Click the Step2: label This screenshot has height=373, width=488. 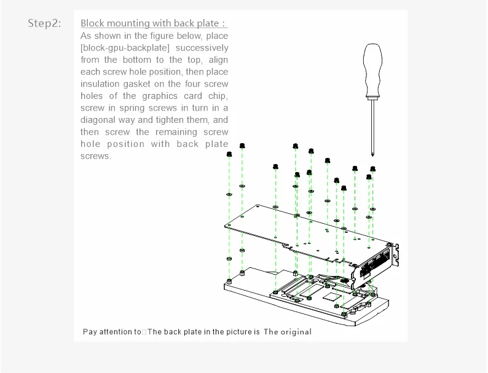click(x=44, y=23)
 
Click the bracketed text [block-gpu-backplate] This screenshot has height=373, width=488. click(x=122, y=47)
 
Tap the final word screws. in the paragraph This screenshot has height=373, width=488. click(x=96, y=156)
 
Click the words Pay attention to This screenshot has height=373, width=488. click(x=112, y=332)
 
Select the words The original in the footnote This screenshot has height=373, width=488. click(x=288, y=332)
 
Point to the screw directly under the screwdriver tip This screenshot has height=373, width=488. click(x=372, y=168)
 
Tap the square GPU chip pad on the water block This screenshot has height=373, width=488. click(x=333, y=296)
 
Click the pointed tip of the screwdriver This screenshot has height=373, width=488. click(x=372, y=155)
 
